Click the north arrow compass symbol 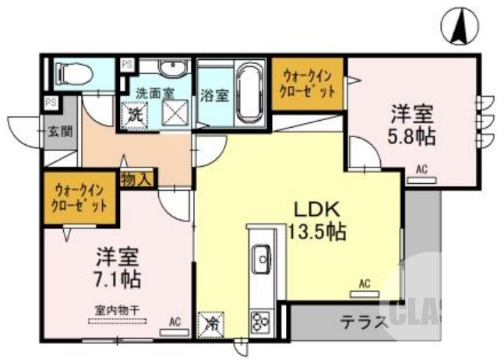point(459,26)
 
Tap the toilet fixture point(73,74)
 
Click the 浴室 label point(215,96)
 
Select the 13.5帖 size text point(315,231)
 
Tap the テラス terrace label point(363,321)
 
